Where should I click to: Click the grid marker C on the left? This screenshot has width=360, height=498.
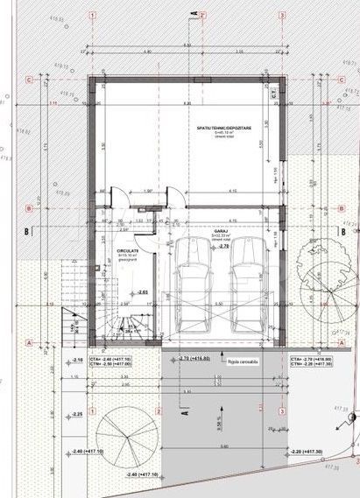[30, 80]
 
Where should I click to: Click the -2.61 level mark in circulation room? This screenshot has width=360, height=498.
[143, 291]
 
